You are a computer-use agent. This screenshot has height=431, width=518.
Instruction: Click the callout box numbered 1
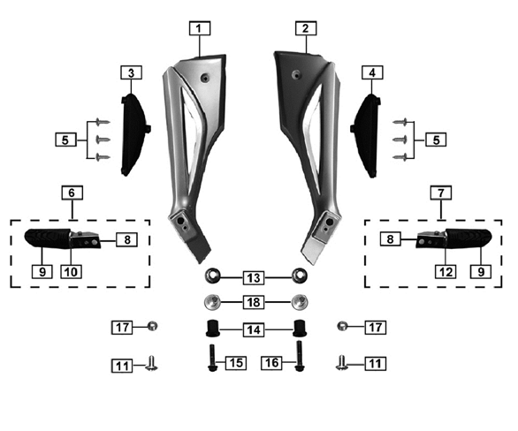click(201, 27)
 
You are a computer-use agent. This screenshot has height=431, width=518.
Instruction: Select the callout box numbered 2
click(305, 27)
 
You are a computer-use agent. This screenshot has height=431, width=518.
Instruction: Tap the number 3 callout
click(131, 72)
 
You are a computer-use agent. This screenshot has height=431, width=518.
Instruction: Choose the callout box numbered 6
click(72, 192)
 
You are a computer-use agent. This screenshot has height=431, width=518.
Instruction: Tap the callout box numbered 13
click(255, 277)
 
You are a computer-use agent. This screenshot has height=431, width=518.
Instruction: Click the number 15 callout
click(234, 363)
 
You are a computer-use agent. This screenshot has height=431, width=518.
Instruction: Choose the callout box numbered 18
click(255, 302)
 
